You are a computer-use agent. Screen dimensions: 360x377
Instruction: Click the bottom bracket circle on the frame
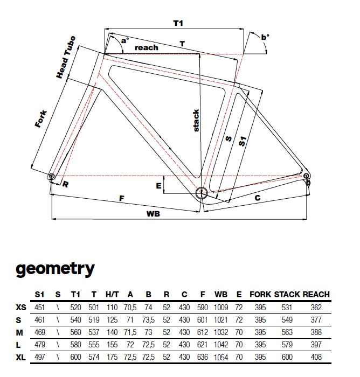pos(201,193)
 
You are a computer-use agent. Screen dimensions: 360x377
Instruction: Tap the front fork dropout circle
pos(52,176)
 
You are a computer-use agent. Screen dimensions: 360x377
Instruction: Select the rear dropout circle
pos(306,176)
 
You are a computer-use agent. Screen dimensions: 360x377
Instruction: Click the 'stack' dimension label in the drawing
pos(196,121)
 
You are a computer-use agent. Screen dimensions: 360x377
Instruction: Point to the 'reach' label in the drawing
pos(146,47)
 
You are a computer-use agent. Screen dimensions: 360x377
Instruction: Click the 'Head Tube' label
pos(66,57)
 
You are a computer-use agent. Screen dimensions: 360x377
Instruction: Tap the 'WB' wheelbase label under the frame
pos(153,213)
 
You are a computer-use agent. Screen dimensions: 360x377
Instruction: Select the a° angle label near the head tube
pos(124,40)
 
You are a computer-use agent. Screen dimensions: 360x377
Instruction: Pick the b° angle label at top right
pos(265,37)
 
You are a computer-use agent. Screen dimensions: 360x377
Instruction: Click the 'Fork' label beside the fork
pos(41,119)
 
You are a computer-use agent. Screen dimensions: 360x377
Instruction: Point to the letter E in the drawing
pos(158,186)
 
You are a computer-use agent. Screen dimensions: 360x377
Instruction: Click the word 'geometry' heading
pos(56,269)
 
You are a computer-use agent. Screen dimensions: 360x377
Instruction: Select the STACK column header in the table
pos(287,294)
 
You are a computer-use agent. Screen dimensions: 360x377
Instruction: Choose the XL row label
pos(20,358)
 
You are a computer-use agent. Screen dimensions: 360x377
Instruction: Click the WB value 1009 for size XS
pos(220,308)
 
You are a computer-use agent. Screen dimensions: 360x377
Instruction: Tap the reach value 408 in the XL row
pos(316,357)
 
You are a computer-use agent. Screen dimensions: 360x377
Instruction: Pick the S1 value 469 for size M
pos(40,332)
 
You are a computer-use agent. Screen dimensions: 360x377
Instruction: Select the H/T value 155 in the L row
pos(112,345)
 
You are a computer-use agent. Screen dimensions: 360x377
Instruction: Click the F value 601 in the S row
pos(202,320)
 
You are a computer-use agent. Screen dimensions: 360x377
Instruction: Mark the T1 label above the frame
pos(178,23)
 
